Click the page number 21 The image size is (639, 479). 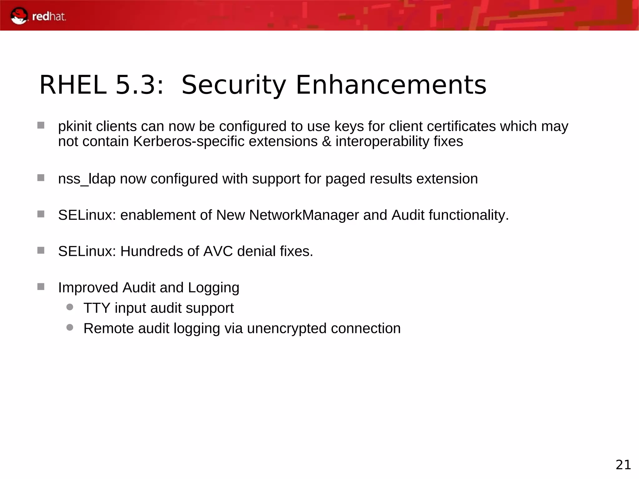click(623, 465)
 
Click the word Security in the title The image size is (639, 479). click(233, 85)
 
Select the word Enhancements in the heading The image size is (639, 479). click(391, 85)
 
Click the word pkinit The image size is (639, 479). click(75, 127)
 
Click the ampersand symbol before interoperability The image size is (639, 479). click(326, 142)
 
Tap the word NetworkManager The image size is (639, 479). click(304, 215)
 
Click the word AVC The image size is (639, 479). click(218, 252)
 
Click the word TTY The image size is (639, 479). click(97, 308)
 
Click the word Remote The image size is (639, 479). click(109, 329)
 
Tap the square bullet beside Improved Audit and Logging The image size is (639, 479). click(41, 287)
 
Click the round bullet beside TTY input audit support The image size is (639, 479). click(70, 307)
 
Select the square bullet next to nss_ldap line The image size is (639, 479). click(41, 178)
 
